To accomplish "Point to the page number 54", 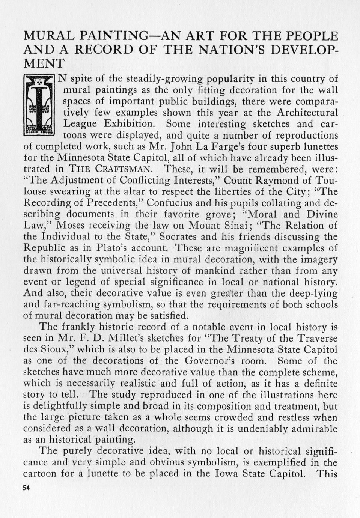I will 26,488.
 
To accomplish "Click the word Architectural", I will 307,113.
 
